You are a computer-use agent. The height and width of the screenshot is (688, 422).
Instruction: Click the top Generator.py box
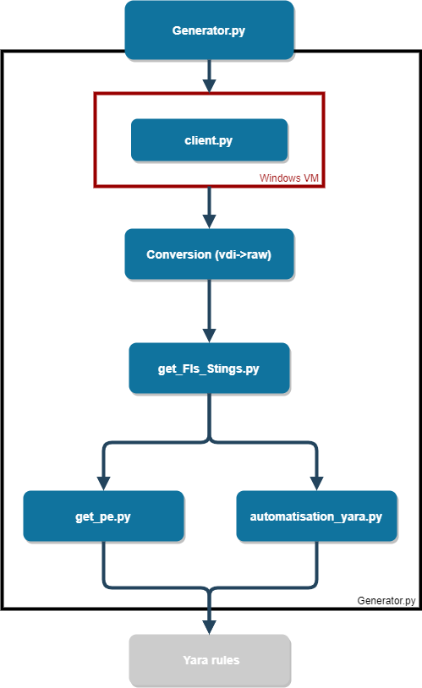[209, 30]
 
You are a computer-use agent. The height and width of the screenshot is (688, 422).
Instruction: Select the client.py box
[209, 140]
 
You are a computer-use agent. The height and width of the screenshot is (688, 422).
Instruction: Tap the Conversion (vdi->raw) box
[209, 254]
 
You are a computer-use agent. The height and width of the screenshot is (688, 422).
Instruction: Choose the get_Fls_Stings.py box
[209, 369]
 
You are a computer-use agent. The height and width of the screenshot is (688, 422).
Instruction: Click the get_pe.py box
[103, 516]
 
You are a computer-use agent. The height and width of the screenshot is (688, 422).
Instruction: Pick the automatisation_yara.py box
[316, 516]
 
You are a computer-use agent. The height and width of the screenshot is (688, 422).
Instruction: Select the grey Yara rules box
[209, 659]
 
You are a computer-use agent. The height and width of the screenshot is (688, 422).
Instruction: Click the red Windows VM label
[290, 177]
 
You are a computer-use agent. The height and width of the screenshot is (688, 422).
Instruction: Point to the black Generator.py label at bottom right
[386, 601]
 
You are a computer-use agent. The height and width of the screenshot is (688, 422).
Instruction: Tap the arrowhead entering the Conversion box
[209, 221]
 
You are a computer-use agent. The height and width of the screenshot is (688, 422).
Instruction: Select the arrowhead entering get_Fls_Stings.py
[209, 336]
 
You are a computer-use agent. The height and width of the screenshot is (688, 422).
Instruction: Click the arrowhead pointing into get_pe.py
[103, 483]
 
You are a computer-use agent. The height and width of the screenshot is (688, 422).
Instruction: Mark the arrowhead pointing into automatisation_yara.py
[316, 483]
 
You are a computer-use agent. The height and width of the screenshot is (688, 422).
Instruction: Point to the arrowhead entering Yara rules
[209, 627]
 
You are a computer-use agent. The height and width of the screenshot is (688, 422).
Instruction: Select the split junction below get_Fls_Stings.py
[209, 440]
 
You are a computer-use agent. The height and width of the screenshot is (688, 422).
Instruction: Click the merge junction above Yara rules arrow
[209, 588]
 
